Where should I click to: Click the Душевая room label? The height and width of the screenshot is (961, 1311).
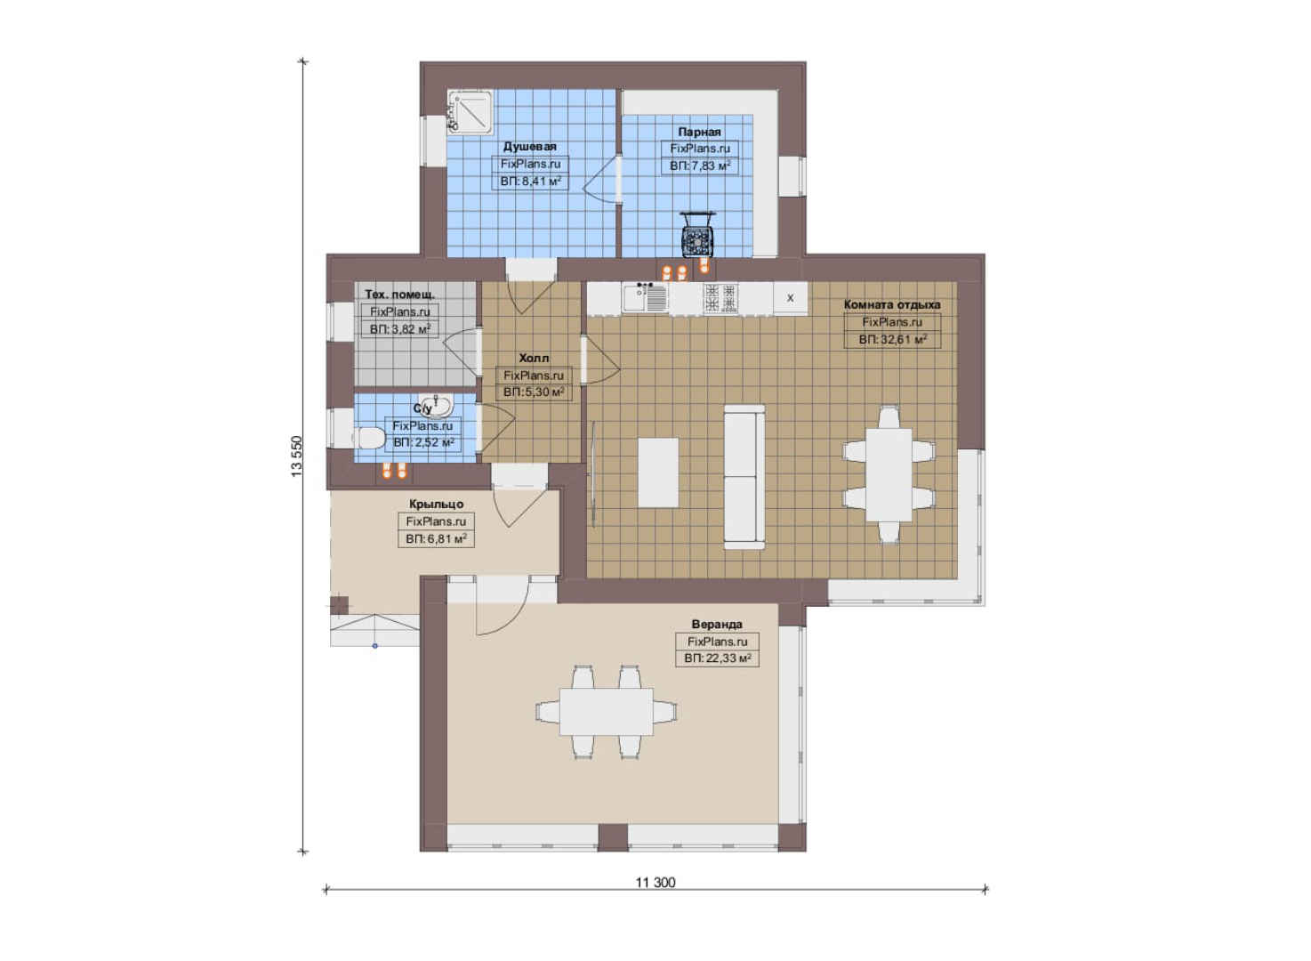[530, 147]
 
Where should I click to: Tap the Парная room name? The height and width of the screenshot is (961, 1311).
[699, 132]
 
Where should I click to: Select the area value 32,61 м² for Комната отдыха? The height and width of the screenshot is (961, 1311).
[893, 340]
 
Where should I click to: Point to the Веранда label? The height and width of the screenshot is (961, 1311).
[717, 625]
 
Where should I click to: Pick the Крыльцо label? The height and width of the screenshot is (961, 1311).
[436, 504]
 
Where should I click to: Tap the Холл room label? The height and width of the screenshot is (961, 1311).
[534, 358]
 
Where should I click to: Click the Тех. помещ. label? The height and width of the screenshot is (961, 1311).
[399, 294]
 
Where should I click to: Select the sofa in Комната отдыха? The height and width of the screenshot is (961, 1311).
[744, 477]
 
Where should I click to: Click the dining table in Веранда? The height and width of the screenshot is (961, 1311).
[607, 712]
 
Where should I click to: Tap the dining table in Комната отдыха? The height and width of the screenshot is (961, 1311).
[889, 475]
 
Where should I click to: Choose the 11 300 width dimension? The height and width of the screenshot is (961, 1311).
[655, 883]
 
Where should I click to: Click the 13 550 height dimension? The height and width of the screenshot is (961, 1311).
[297, 456]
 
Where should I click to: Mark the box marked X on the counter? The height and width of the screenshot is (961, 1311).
[790, 297]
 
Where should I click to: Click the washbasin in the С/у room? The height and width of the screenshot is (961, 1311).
[436, 405]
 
